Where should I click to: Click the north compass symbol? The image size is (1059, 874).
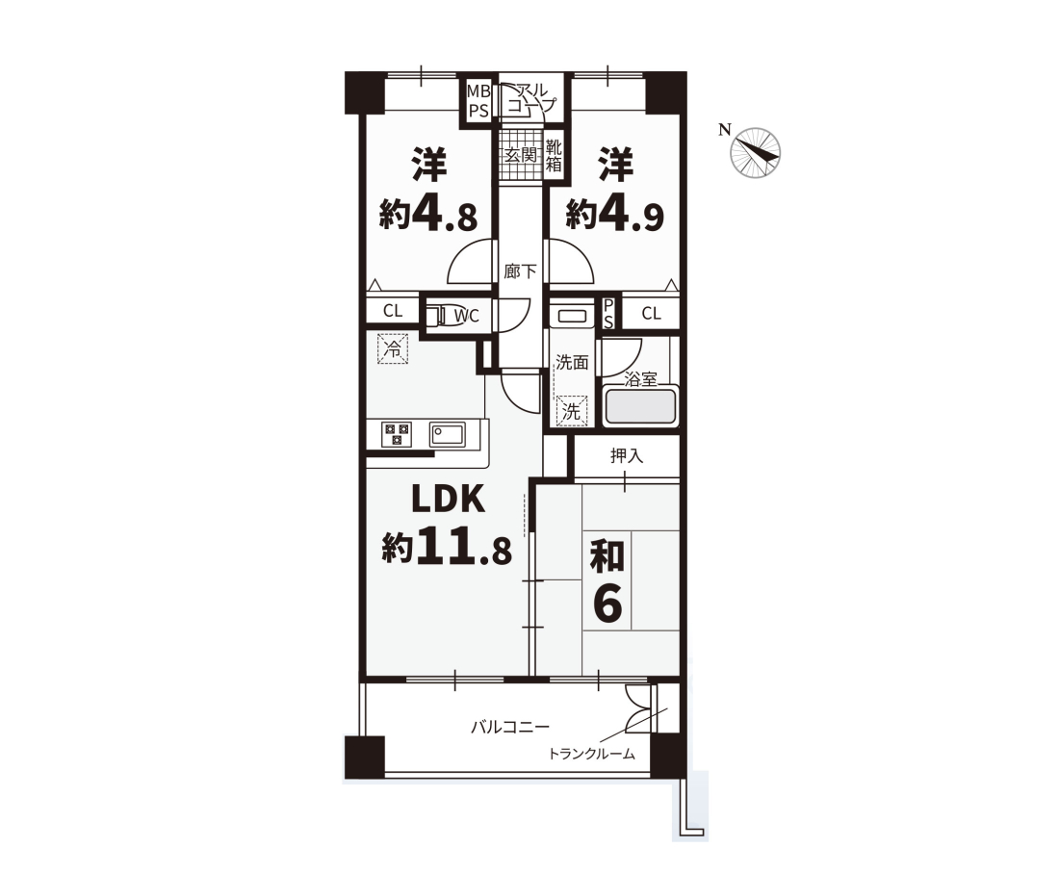coord(756,153)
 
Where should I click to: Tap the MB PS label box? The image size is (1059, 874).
coord(478,101)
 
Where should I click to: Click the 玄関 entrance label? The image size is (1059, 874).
coord(521,155)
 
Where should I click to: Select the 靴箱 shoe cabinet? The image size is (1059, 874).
coord(554,155)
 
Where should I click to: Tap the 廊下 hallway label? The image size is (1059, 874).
coord(520,271)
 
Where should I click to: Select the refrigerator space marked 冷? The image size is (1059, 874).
coord(393,349)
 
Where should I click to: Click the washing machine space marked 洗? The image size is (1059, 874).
coord(571,411)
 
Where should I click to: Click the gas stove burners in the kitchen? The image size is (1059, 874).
coord(397,433)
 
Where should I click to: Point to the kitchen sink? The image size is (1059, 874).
coord(447,433)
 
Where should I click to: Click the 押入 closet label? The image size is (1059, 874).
coord(627,456)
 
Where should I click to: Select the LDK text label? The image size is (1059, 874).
coord(449,500)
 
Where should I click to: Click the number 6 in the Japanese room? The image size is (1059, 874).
coord(607,604)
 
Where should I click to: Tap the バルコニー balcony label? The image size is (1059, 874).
coord(510,728)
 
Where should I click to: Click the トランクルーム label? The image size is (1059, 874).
coord(592,754)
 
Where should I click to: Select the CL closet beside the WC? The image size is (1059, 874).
coord(393,311)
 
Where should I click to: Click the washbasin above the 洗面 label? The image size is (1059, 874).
coord(571,317)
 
